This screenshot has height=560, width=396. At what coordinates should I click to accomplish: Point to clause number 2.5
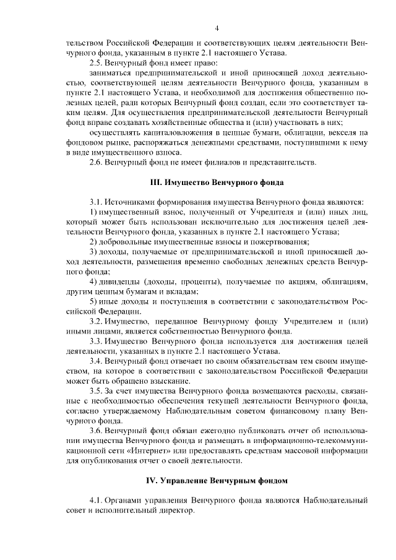pyautogui.click(x=97, y=63)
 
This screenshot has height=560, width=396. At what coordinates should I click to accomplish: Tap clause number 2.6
pyautogui.click(x=97, y=162)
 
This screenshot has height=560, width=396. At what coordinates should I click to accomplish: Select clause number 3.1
pyautogui.click(x=97, y=202)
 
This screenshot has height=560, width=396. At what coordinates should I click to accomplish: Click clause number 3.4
pyautogui.click(x=97, y=360)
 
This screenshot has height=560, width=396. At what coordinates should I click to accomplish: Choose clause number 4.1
pyautogui.click(x=97, y=500)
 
